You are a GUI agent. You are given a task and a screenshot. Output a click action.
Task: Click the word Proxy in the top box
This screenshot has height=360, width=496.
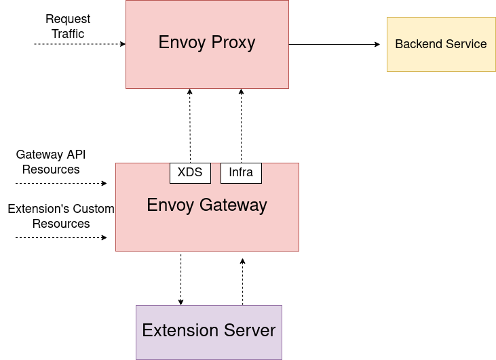pyautogui.click(x=233, y=43)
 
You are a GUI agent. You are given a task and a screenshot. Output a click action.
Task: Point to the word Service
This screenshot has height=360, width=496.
pyautogui.click(x=465, y=44)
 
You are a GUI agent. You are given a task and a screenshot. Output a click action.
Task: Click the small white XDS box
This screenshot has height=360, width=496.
pyautogui.click(x=190, y=173)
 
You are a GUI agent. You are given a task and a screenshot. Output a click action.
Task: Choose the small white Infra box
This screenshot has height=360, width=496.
pyautogui.click(x=241, y=173)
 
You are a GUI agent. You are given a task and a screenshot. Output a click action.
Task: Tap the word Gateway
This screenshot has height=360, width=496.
pyautogui.click(x=233, y=205)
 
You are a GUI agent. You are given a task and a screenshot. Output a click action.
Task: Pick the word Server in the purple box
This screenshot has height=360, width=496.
pyautogui.click(x=248, y=331)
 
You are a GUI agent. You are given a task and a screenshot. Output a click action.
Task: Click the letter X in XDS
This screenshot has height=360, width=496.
pyautogui.click(x=181, y=172)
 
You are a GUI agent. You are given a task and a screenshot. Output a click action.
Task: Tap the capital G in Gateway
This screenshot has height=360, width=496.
pyautogui.click(x=206, y=205)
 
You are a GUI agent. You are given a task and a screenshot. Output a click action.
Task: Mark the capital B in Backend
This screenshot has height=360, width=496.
pyautogui.click(x=399, y=44)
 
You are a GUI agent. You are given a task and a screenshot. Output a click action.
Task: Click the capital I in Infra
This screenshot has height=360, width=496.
pyautogui.click(x=230, y=172)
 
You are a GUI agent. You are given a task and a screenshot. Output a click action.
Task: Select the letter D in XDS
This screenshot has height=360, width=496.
pyautogui.click(x=189, y=172)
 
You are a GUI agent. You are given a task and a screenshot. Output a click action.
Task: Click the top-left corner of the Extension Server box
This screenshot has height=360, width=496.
pyautogui.click(x=136, y=306)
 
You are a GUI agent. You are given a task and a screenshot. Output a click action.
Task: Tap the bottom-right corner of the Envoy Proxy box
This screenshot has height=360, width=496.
pyautogui.click(x=288, y=88)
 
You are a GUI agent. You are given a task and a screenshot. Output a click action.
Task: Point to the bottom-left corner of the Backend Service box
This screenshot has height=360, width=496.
pyautogui.click(x=387, y=71)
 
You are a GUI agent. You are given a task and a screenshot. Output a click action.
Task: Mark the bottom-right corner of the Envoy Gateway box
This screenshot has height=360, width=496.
pyautogui.click(x=299, y=251)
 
